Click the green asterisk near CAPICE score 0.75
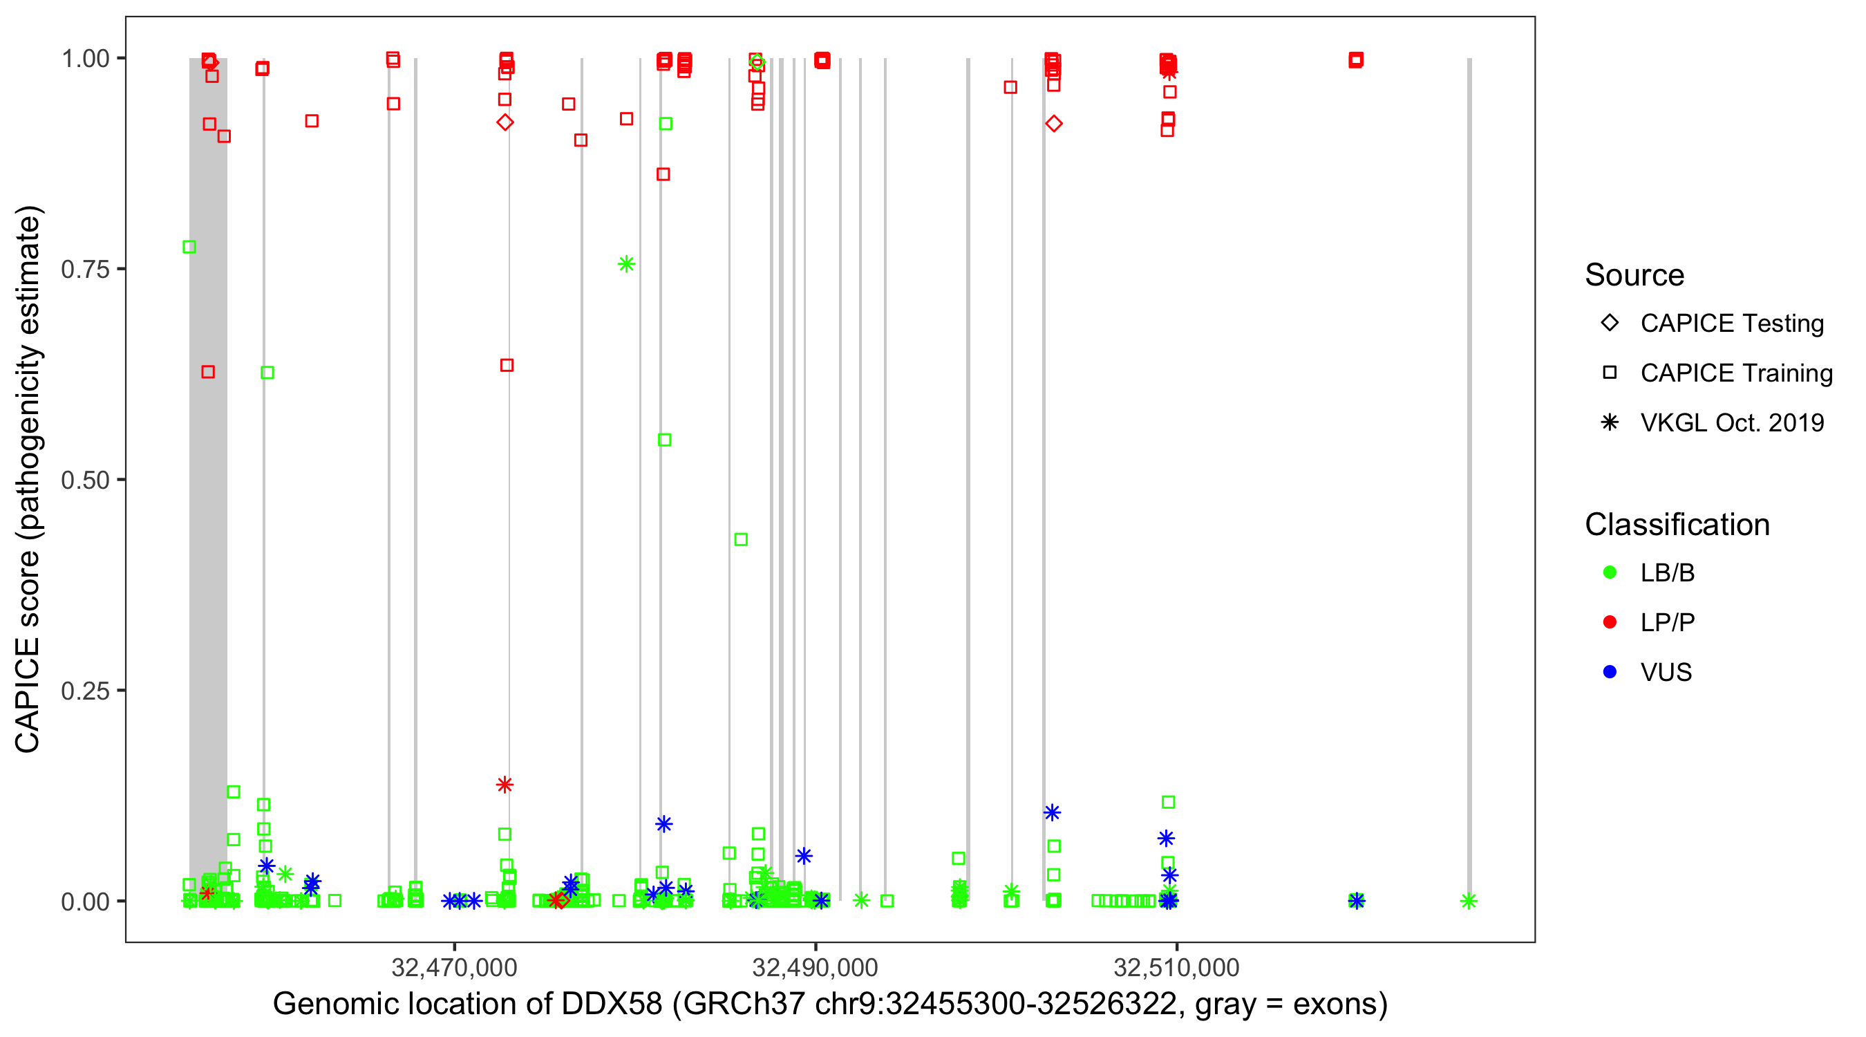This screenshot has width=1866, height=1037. pos(627,264)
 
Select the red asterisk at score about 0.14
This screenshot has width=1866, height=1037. pos(505,785)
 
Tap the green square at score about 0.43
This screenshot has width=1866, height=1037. pos(740,539)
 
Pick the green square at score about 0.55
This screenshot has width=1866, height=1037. pos(664,440)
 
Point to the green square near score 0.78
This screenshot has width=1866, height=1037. pos(189,247)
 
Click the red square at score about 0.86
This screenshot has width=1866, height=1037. pos(663,174)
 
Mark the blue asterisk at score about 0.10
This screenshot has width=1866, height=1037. pos(1052,812)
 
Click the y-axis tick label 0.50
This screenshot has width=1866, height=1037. pos(85,480)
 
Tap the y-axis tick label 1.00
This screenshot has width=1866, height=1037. pos(85,58)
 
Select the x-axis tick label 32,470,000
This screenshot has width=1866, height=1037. pos(454,966)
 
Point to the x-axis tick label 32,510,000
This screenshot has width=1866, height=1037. pos(1176,966)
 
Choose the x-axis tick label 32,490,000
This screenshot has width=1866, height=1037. pos(815,966)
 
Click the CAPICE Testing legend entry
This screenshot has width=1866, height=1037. pos(1732,324)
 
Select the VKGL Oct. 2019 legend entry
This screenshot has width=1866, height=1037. pos(1732,422)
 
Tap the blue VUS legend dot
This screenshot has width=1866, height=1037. pos(1610,672)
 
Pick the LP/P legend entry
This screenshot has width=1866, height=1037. pos(1667,622)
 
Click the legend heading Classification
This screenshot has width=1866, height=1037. pos(1677,525)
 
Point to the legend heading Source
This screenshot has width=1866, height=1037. pos(1634,275)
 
